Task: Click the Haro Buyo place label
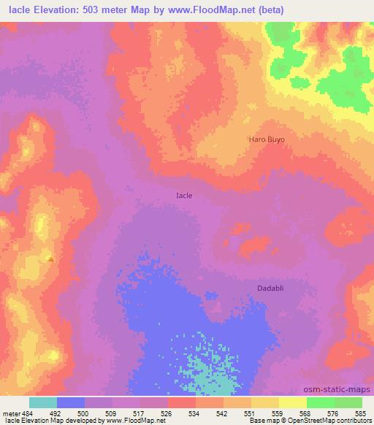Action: [267, 138]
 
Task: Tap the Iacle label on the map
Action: [185, 196]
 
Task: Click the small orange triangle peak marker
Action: [50, 258]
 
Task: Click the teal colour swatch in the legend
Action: [43, 402]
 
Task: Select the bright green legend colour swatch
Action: [320, 402]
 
